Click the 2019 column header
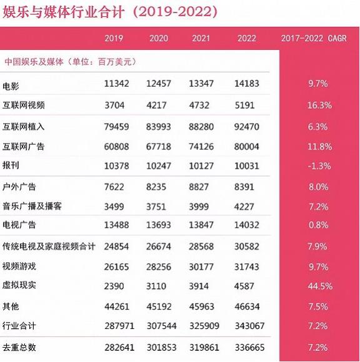pyautogui.click(x=114, y=38)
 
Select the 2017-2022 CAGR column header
pyautogui.click(x=314, y=38)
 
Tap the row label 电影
pyautogui.click(x=11, y=86)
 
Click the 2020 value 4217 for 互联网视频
pyautogui.click(x=156, y=105)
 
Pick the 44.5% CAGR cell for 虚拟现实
pyautogui.click(x=320, y=286)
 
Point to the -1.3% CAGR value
pyautogui.click(x=319, y=166)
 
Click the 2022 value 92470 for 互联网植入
pyautogui.click(x=247, y=127)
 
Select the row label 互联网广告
pyautogui.click(x=23, y=147)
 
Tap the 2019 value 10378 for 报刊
pyautogui.click(x=116, y=166)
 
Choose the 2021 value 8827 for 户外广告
pyautogui.click(x=199, y=187)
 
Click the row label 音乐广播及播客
pyautogui.click(x=32, y=206)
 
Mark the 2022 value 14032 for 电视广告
pyautogui.click(x=247, y=225)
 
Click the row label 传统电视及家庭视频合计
pyautogui.click(x=49, y=247)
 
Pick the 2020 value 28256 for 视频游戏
pyautogui.click(x=159, y=267)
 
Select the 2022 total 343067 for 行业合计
pyautogui.click(x=250, y=326)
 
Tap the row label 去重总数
pyautogui.click(x=19, y=348)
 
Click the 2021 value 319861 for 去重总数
pyautogui.click(x=204, y=348)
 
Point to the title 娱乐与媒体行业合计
pyautogui.click(x=64, y=12)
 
